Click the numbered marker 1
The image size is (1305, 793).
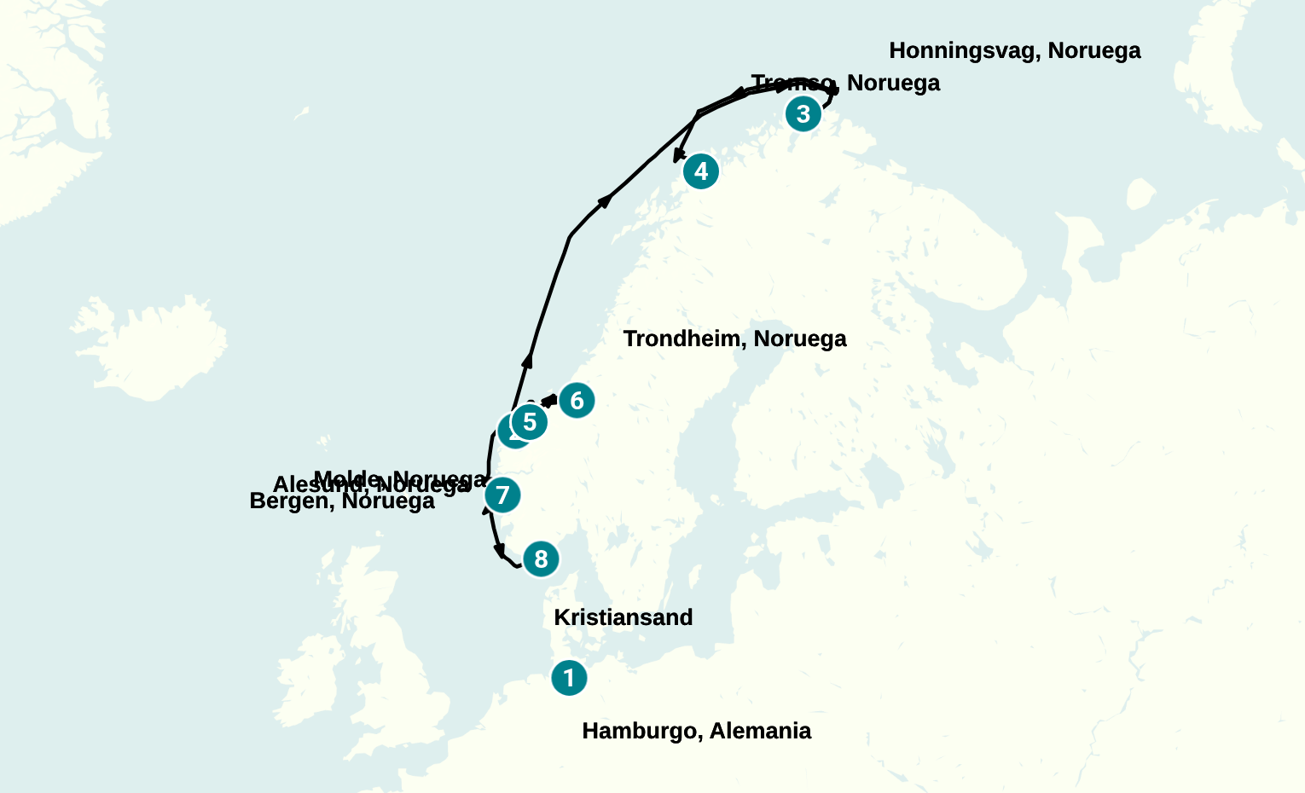click(x=569, y=678)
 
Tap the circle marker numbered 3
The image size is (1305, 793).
click(x=803, y=113)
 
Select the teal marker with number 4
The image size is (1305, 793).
click(x=701, y=171)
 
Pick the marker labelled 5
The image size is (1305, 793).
click(x=530, y=422)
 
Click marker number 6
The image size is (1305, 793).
click(x=577, y=400)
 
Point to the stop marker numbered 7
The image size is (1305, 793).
click(x=502, y=495)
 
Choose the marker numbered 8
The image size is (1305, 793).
click(x=541, y=559)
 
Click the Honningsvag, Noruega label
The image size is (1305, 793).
click(x=1014, y=51)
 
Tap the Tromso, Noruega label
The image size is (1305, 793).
click(x=845, y=84)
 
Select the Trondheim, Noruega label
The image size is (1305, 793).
click(x=734, y=339)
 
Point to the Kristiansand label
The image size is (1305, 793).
click(x=623, y=617)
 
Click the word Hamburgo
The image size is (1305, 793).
click(x=641, y=731)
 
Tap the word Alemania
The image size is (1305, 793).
click(x=760, y=731)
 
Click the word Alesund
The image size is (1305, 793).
click(x=319, y=486)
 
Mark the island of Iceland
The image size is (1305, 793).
click(x=158, y=341)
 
